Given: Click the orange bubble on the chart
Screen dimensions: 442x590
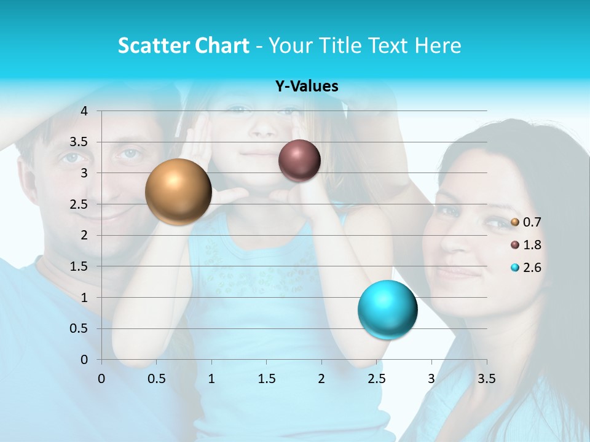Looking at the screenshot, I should point(178,192).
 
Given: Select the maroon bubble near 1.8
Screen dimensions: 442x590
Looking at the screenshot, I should point(299,160).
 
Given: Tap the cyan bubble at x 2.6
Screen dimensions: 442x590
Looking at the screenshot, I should point(387,309).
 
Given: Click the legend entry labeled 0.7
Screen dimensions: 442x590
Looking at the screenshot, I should point(525,222).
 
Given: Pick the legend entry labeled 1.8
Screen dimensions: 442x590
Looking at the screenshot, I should point(525,245).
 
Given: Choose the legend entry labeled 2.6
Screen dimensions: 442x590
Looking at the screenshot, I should point(525,268).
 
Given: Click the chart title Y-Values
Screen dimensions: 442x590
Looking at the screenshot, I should point(306,87).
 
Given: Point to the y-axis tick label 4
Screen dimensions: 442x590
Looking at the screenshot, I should point(84,111).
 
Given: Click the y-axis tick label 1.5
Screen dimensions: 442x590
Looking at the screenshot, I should point(79,266).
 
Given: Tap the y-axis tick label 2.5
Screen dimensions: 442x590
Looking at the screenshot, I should point(79,204).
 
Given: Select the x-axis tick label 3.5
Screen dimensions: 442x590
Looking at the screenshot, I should point(486,379).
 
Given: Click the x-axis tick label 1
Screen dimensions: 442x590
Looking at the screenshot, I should point(211,379).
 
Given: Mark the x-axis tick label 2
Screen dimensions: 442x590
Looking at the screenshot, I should point(321,379).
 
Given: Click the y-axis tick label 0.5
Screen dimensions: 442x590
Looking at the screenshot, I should point(79,328).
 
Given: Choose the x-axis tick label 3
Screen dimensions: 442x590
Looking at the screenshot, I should point(431,379).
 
